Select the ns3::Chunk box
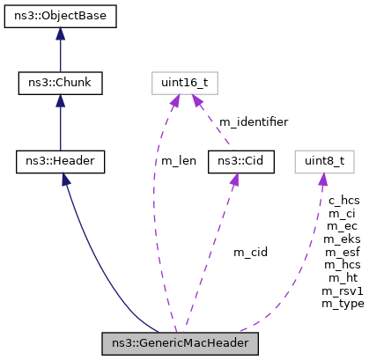click(x=61, y=84)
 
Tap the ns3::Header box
click(x=61, y=161)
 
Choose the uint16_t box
click(x=183, y=84)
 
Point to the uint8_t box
click(x=325, y=161)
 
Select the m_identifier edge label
click(x=253, y=122)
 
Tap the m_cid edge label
click(x=250, y=253)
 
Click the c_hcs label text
click(x=343, y=201)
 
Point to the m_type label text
click(x=343, y=304)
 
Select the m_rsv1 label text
click(x=343, y=290)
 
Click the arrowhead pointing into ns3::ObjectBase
click(x=61, y=34)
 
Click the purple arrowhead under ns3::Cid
click(x=234, y=180)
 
